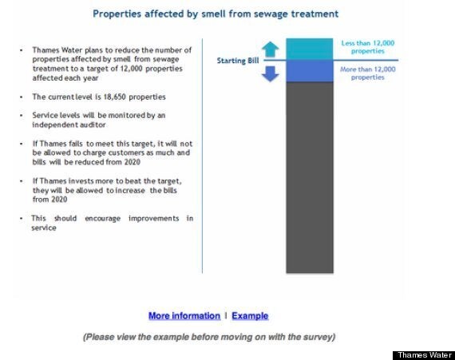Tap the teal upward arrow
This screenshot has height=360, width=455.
(x=270, y=49)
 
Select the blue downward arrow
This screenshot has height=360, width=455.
(x=270, y=74)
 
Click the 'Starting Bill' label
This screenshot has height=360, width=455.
(x=238, y=61)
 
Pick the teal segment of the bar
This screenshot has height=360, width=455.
(x=310, y=49)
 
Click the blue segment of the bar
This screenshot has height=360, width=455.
(x=310, y=71)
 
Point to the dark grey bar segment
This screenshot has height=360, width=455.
(x=310, y=177)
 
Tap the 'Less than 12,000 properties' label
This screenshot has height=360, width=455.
(x=368, y=47)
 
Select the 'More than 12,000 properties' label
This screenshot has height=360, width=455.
(x=368, y=73)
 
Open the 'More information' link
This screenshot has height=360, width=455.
(x=184, y=315)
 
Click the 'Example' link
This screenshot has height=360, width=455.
(x=250, y=315)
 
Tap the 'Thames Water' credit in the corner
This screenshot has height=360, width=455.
(x=425, y=355)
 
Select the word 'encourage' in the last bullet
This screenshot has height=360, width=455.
(x=102, y=219)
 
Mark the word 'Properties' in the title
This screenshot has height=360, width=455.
(x=117, y=14)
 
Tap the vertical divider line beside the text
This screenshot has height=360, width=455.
(x=202, y=156)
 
